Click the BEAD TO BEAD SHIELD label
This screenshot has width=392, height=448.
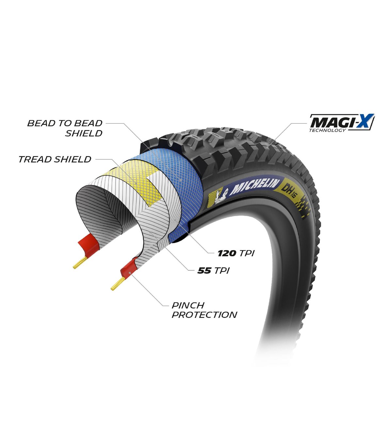[x=65, y=128]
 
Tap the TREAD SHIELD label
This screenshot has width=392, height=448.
[x=55, y=159]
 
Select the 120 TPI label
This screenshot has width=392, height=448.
[x=236, y=253]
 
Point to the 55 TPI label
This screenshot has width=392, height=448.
[x=214, y=271]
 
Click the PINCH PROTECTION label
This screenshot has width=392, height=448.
[x=204, y=310]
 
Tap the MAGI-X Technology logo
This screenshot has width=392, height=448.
[x=342, y=123]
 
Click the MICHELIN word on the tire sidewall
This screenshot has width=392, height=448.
[x=254, y=186]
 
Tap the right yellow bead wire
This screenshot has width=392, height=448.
[x=118, y=284]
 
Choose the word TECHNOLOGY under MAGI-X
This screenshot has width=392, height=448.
[x=327, y=130]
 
